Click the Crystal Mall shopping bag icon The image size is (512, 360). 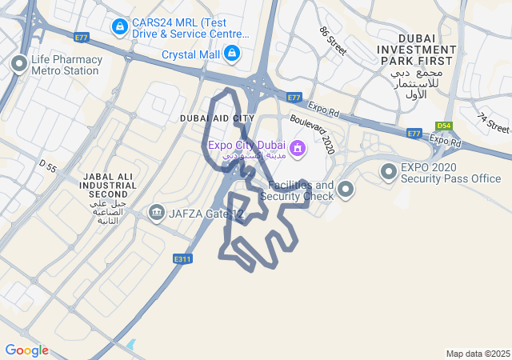click(231, 54)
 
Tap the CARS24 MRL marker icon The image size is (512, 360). click(119, 27)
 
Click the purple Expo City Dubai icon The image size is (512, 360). click(297, 148)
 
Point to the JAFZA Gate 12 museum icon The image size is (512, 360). click(156, 213)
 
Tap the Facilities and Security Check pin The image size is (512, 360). click(346, 190)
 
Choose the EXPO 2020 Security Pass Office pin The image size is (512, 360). click(389, 171)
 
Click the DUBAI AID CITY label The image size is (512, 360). click(217, 118)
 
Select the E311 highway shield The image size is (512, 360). click(182, 258)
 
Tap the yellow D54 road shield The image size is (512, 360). click(444, 126)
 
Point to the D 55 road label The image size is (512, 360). click(48, 167)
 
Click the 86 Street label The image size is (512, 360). click(332, 41)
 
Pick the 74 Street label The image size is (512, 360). click(493, 122)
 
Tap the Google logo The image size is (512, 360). click(26, 350)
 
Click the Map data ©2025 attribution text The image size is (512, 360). click(478, 354)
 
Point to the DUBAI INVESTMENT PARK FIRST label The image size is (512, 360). click(418, 50)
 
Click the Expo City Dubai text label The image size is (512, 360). click(246, 145)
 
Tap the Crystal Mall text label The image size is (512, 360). click(190, 54)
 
